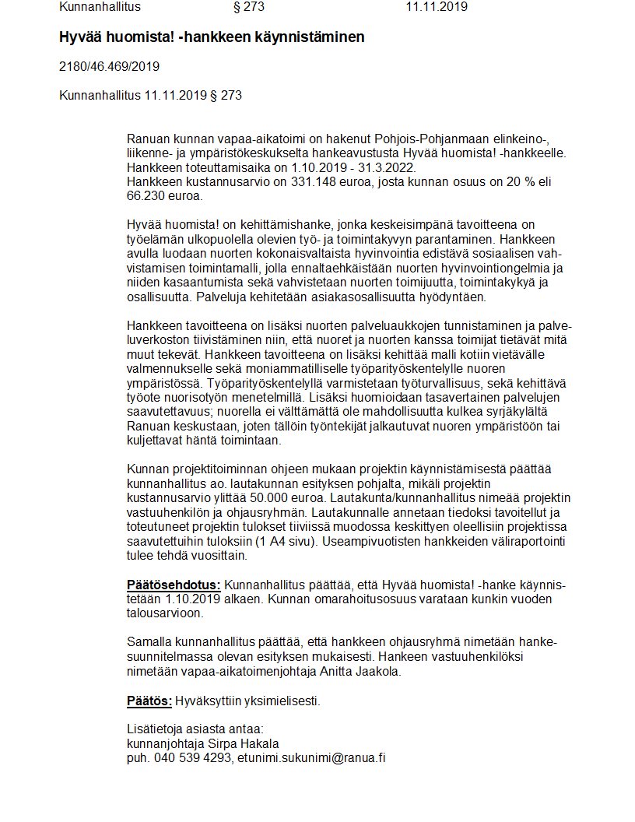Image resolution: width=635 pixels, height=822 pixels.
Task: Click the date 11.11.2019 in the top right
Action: (436, 8)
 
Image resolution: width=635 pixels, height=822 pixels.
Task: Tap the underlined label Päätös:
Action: (149, 701)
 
